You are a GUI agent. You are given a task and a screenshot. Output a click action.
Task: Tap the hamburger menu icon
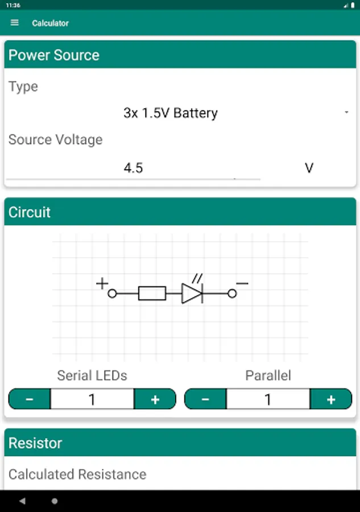(x=14, y=23)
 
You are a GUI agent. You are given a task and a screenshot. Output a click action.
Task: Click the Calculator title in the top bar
(x=50, y=23)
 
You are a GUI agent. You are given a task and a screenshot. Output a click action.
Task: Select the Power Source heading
(x=54, y=55)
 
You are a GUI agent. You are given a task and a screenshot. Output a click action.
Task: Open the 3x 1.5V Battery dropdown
(x=171, y=113)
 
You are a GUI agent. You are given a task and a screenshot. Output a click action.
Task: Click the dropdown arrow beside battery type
(x=346, y=112)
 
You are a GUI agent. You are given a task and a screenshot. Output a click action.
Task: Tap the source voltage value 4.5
(x=133, y=168)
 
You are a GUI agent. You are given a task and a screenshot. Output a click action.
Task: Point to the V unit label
(x=309, y=168)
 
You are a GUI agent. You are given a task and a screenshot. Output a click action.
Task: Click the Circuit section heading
(x=30, y=212)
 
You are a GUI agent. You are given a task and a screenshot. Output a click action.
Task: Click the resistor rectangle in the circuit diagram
(x=152, y=293)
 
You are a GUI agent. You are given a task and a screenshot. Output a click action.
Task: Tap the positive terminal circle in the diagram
(x=112, y=294)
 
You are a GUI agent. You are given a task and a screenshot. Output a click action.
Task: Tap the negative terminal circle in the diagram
(x=232, y=294)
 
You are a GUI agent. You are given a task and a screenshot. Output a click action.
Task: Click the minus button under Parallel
(x=205, y=399)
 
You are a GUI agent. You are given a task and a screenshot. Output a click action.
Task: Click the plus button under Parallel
(x=331, y=399)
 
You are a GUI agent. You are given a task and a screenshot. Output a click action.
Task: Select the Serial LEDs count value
(x=92, y=399)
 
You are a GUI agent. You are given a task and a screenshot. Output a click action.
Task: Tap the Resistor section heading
(x=35, y=443)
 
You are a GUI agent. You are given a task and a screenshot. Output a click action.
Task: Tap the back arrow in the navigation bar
(x=22, y=501)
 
